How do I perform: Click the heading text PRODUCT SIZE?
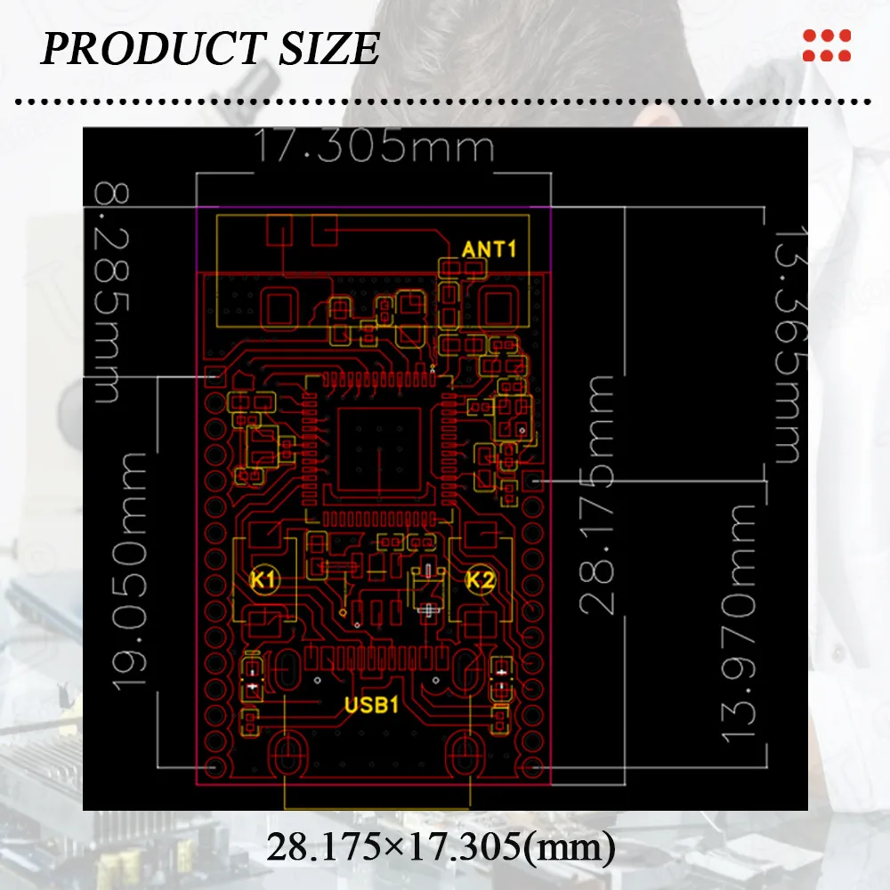tap(210, 48)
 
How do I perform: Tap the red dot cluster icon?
tap(827, 45)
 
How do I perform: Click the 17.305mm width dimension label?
tap(374, 147)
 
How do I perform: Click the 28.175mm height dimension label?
tap(598, 494)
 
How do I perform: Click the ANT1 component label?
tap(489, 248)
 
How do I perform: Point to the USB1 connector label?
tap(371, 706)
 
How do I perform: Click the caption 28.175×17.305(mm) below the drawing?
tap(441, 847)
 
